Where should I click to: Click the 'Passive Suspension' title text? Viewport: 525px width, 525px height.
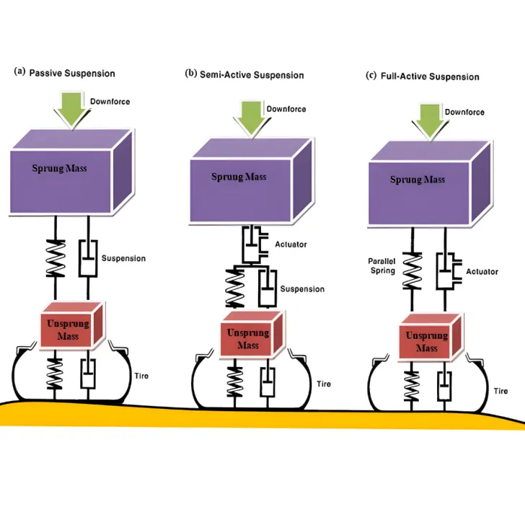tap(71, 73)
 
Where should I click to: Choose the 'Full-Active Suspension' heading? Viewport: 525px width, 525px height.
tap(428, 76)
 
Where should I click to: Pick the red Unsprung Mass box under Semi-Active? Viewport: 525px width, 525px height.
tap(247, 336)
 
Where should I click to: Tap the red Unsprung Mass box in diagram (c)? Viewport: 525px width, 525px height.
tap(427, 339)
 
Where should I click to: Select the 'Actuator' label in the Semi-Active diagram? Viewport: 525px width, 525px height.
tap(291, 244)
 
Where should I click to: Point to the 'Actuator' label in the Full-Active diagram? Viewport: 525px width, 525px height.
tap(482, 272)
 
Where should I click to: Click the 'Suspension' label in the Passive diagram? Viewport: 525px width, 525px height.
tap(123, 258)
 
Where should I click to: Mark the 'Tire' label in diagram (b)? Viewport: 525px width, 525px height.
tap(324, 384)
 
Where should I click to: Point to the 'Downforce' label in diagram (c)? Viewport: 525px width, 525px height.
tap(464, 112)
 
